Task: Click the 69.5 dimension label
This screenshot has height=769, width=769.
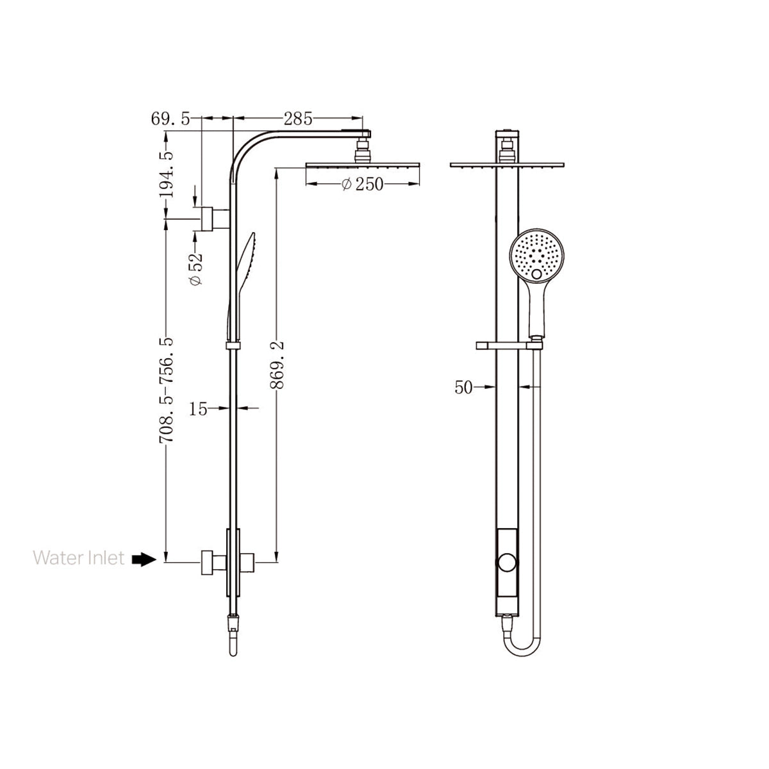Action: [x=170, y=119]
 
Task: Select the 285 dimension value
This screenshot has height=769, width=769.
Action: [x=298, y=119]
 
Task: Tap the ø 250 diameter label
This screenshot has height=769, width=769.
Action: [x=362, y=185]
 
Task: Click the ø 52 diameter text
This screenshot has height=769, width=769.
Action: [x=196, y=269]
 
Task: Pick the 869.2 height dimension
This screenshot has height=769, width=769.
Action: [x=277, y=365]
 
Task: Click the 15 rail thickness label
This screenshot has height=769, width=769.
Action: [x=199, y=408]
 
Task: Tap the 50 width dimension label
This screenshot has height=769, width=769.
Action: [x=464, y=387]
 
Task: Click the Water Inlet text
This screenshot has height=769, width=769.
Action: [x=79, y=558]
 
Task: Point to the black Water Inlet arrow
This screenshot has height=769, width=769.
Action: [x=144, y=559]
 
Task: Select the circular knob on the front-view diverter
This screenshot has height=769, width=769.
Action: [x=506, y=563]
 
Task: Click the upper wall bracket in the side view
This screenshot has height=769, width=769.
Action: [x=211, y=219]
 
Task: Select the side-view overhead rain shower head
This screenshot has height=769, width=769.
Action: [x=363, y=166]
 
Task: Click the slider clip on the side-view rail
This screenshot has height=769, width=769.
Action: [x=233, y=346]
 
